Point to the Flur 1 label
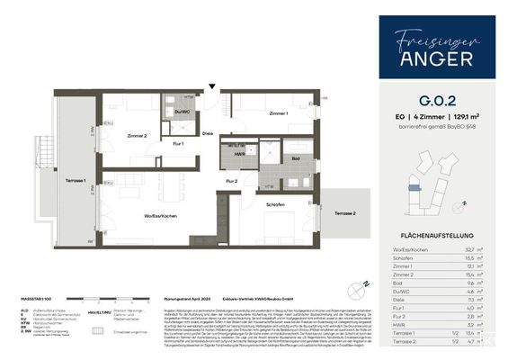tap(177, 144)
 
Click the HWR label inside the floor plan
tap(238, 154)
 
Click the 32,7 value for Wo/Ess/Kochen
tap(477, 248)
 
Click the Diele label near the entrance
tap(208, 134)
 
